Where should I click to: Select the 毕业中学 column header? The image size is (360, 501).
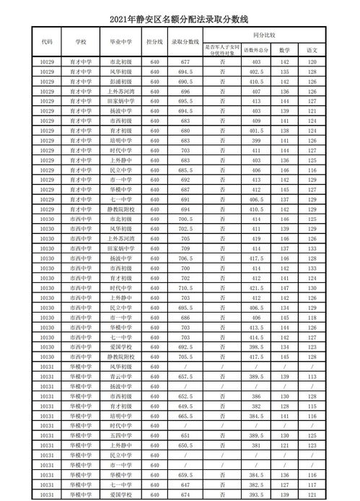coord(120,42)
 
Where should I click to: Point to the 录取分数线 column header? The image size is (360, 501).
coord(185,42)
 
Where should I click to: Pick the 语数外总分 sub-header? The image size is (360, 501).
coord(257,50)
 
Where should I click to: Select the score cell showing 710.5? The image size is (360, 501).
coord(185,287)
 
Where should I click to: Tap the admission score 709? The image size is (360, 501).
coord(185,247)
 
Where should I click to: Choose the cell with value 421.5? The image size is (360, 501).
coord(257,287)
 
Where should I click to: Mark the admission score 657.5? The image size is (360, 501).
coord(185,376)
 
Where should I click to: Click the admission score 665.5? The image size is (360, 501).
coord(185,417)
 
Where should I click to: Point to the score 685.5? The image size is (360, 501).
coord(185,169)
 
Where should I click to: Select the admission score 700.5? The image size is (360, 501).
coord(185,218)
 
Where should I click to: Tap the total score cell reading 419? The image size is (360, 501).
coord(257,237)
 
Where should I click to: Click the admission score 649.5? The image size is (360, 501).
coord(185,406)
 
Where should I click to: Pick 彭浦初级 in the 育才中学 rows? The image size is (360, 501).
coord(120,82)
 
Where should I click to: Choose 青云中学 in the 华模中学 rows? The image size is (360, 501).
coord(120,376)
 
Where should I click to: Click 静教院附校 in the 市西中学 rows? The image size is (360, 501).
coord(120,356)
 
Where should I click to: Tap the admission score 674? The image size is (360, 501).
coord(185,495)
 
